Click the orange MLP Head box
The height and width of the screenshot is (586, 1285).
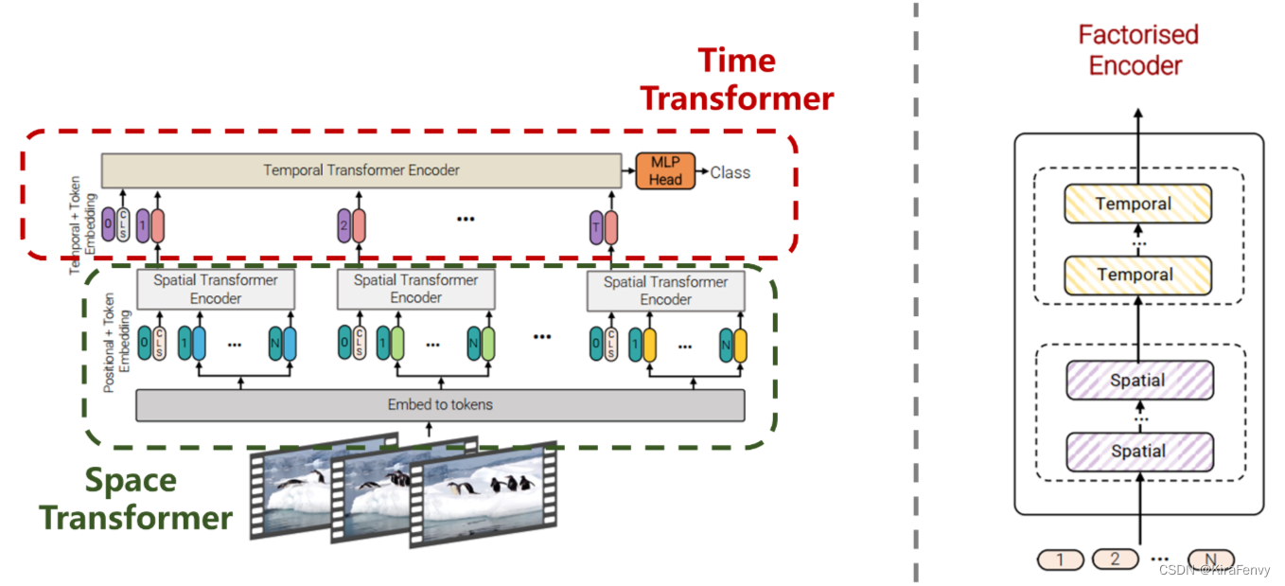tap(665, 170)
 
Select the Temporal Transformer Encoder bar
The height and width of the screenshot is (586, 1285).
tap(361, 170)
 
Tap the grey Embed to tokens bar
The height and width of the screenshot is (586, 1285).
tap(440, 405)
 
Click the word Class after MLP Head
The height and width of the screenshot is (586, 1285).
tap(730, 172)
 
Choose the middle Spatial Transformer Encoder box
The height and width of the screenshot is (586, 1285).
tap(416, 289)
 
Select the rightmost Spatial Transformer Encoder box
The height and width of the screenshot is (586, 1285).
tap(665, 290)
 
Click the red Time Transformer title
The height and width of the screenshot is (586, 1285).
tap(737, 80)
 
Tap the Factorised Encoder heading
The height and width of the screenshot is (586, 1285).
tap(1137, 50)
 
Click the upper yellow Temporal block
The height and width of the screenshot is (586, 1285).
tap(1137, 204)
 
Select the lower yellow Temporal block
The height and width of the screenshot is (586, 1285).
tap(1137, 275)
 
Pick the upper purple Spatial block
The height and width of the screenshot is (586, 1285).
tap(1137, 380)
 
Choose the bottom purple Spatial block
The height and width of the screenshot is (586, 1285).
tap(1137, 451)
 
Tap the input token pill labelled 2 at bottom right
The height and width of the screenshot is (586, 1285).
tap(1115, 559)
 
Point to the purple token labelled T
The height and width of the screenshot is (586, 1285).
tap(595, 227)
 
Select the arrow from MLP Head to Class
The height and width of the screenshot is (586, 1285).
tap(701, 171)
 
